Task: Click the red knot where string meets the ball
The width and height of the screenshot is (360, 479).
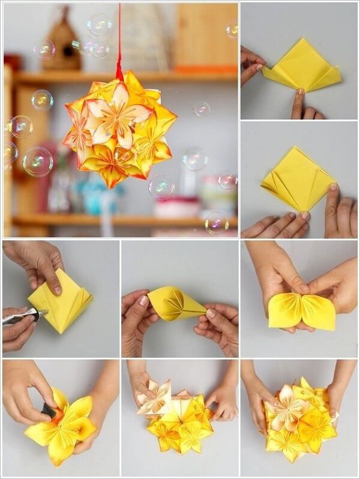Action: (119, 73)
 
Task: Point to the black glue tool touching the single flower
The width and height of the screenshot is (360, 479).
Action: (48, 411)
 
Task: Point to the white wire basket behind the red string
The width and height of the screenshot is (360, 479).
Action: (144, 36)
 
